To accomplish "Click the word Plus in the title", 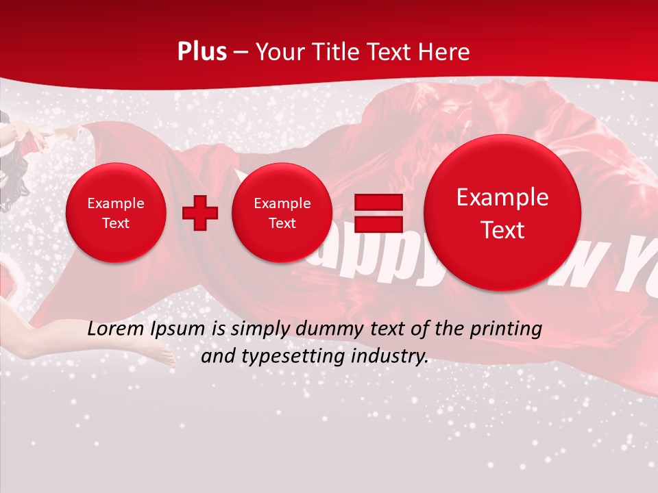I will click(x=202, y=52).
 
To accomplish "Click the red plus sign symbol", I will click(x=200, y=213).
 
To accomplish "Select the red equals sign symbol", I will click(x=378, y=213).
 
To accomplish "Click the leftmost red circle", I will click(x=115, y=213).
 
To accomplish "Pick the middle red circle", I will click(x=282, y=213).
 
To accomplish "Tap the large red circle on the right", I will click(x=502, y=213).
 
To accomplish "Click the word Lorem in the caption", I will click(x=117, y=329).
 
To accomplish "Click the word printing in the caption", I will click(x=507, y=329).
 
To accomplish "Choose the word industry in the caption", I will click(x=391, y=356).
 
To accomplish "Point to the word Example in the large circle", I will click(x=502, y=197).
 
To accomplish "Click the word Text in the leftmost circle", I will click(x=115, y=223).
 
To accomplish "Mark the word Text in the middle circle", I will click(x=282, y=223).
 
